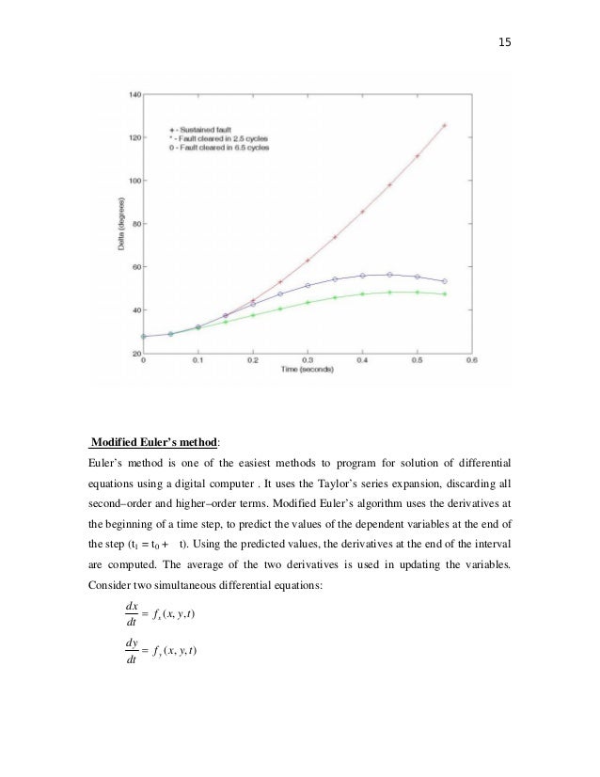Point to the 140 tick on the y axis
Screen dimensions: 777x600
click(x=134, y=95)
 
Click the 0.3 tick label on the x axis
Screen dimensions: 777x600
click(x=307, y=360)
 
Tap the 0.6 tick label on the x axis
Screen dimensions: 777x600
click(x=472, y=360)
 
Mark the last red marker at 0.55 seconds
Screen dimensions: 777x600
click(x=444, y=125)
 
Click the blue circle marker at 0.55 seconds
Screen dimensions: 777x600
click(x=444, y=281)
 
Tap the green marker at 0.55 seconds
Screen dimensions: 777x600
click(x=444, y=293)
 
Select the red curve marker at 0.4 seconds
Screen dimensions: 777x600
click(x=362, y=212)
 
